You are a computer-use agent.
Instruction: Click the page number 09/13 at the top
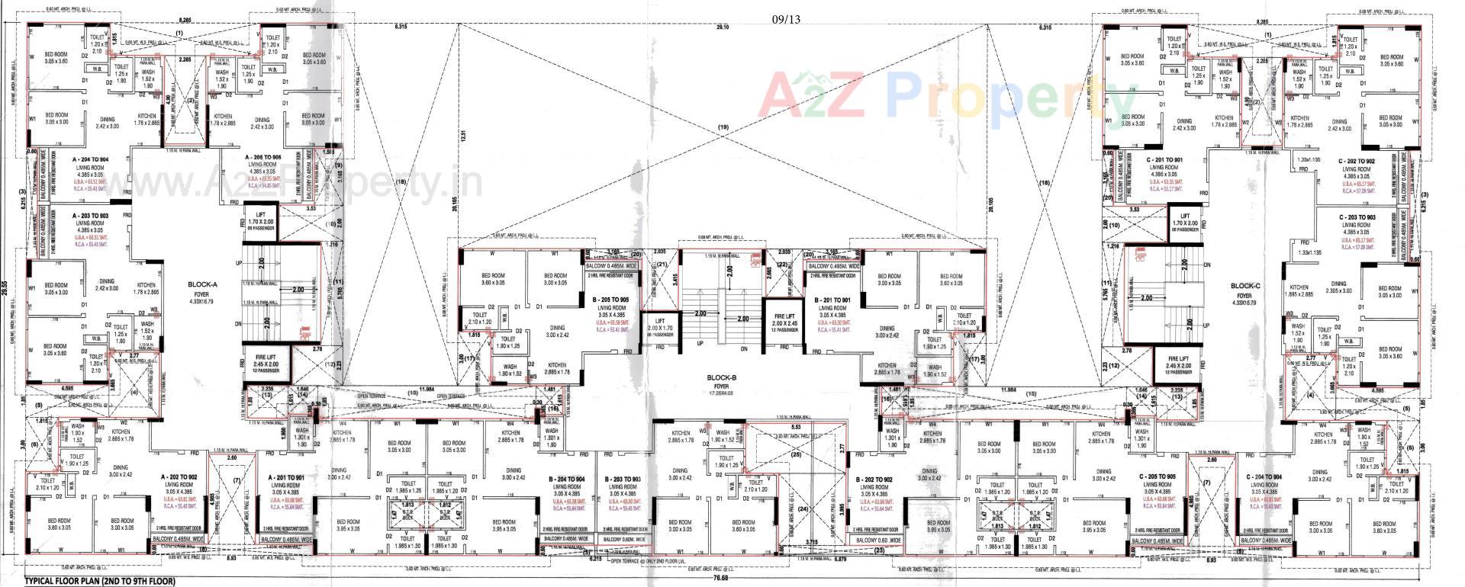(786, 19)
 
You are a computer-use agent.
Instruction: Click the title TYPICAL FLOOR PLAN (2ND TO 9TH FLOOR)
(100, 581)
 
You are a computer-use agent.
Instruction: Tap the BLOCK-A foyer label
(202, 289)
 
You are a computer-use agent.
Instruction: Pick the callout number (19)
(723, 127)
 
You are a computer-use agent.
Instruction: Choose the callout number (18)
(1044, 183)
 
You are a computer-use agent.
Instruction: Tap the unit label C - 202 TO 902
(1357, 162)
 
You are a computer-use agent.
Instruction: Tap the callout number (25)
(796, 455)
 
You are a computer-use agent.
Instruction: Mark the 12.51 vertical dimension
(462, 136)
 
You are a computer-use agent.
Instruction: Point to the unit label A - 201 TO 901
(288, 476)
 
